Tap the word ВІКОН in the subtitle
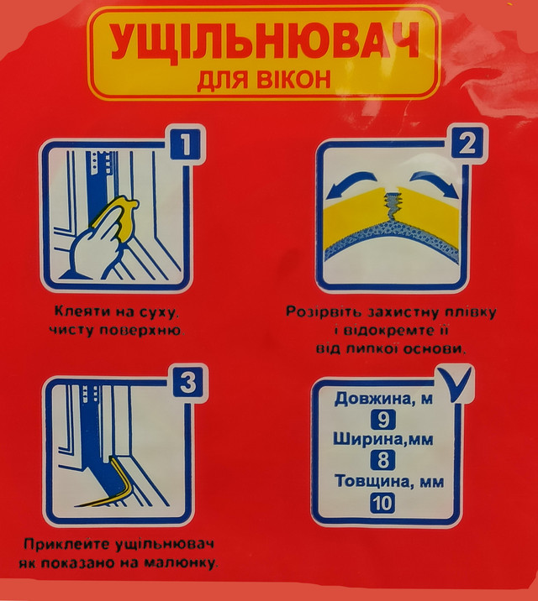[x=293, y=80]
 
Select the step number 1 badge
[x=185, y=144]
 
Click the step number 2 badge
[x=467, y=144]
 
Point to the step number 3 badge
[x=188, y=382]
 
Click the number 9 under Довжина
[x=383, y=420]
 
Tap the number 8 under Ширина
[x=383, y=460]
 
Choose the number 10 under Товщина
[x=382, y=504]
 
